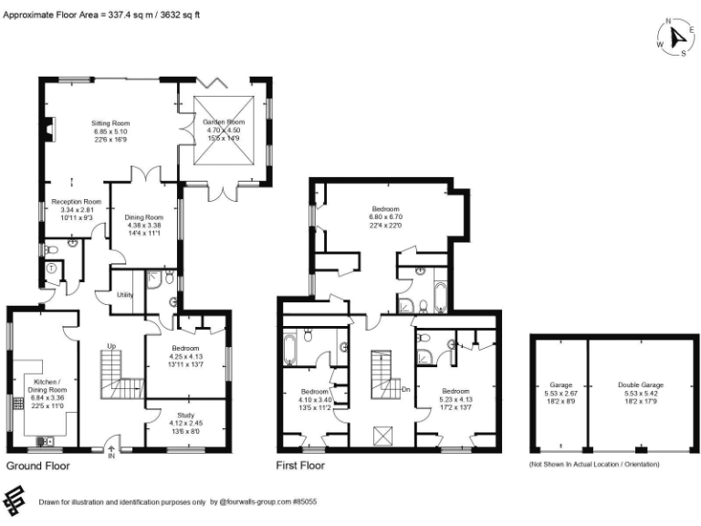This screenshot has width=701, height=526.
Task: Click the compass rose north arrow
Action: click(x=676, y=37)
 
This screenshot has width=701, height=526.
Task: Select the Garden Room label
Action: click(x=224, y=132)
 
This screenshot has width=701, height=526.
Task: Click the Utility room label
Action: click(x=125, y=293)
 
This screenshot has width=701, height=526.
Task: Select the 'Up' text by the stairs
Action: click(x=111, y=346)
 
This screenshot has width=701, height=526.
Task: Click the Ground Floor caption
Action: click(x=38, y=465)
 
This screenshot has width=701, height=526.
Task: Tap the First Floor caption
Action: click(x=300, y=465)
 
